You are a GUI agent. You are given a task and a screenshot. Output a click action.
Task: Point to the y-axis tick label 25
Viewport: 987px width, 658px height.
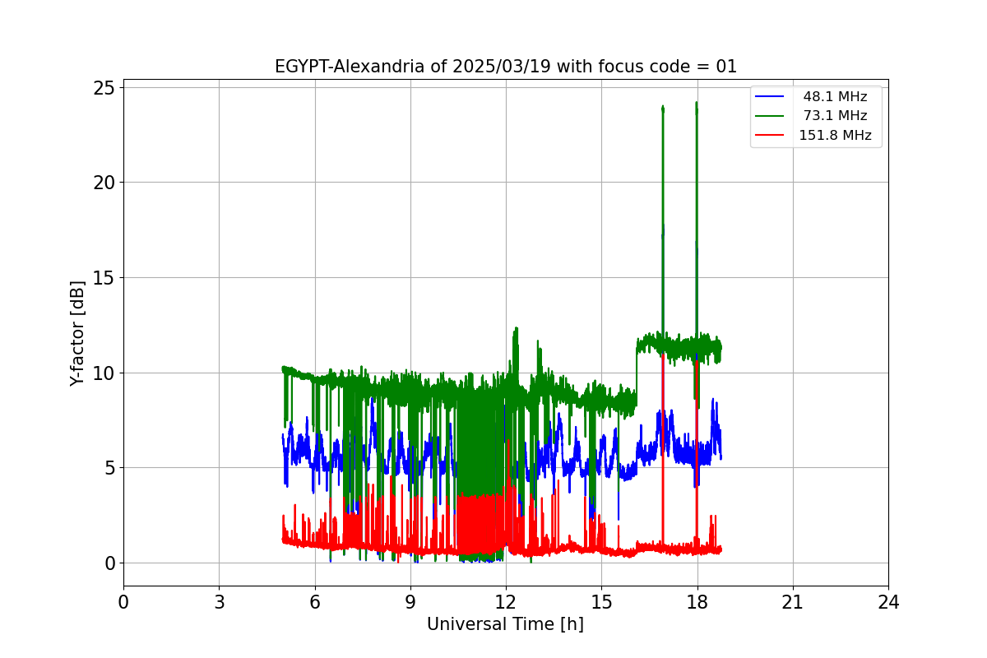104,87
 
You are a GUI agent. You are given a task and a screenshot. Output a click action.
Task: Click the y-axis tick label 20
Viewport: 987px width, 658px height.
104,183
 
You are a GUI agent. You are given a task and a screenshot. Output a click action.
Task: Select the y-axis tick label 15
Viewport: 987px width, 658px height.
104,277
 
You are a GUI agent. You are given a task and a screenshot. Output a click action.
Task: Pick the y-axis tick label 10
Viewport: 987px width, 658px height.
104,373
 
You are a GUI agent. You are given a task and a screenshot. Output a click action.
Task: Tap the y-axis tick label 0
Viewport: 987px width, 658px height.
109,563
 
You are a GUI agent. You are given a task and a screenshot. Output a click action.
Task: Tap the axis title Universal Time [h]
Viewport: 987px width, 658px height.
505,624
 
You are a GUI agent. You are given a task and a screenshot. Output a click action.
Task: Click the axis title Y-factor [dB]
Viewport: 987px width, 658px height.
77,334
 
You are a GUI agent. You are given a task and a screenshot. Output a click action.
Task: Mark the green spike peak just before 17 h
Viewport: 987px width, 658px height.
662,107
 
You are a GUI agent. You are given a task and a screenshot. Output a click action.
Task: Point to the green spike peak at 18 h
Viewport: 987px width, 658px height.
696,104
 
